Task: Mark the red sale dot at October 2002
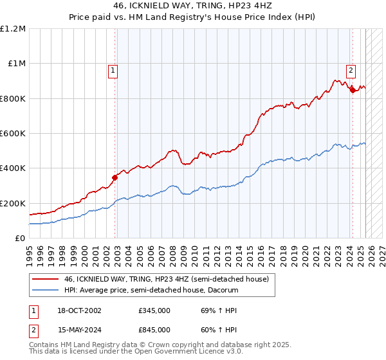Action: coord(115,177)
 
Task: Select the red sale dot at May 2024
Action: coord(353,91)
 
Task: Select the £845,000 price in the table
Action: coord(154,329)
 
